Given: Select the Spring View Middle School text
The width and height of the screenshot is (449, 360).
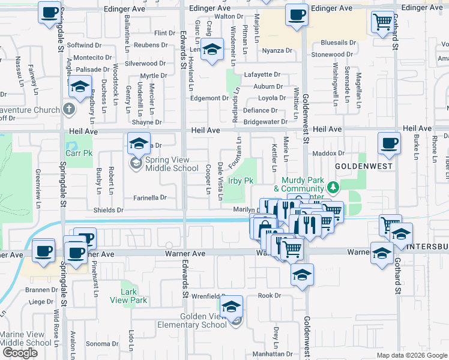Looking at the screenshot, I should pos(167,164).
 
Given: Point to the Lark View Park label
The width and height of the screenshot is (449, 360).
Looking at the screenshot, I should pos(133,296).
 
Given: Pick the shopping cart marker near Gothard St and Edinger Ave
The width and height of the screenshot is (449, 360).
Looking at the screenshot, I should pos(382,23).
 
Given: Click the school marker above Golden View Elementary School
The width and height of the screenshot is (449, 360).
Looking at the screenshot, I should pos(231,308).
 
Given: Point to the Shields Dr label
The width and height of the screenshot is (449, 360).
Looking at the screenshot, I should pos(108,210).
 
